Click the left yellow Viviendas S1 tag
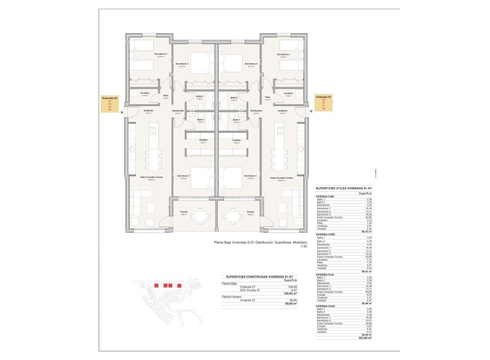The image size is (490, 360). coord(110,103)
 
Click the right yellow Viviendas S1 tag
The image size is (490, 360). coord(324,103)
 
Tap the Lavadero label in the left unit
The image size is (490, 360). coord(145,93)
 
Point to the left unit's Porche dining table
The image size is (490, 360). coord(199,216)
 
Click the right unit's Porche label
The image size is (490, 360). coord(250,212)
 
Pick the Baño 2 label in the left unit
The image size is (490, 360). coord(199,97)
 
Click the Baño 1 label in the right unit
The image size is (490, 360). coord(236,119)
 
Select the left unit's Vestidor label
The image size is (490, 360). coord(203,140)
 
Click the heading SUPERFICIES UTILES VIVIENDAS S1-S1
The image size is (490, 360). coord(344,188)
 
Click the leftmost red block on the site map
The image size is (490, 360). coord(156,285)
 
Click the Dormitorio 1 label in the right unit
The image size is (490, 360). coord(250,176)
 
